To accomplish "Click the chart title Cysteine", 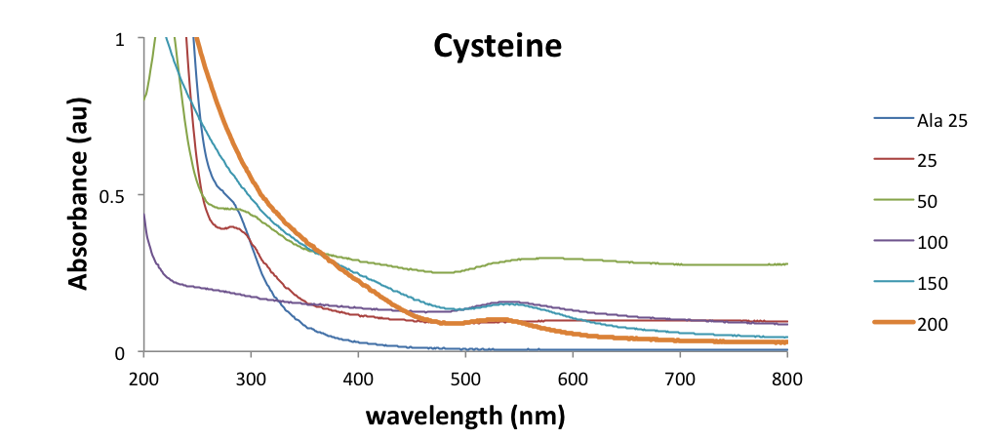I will (x=498, y=47).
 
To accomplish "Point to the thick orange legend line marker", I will (x=891, y=324).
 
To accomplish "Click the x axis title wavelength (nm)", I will (x=465, y=416).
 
